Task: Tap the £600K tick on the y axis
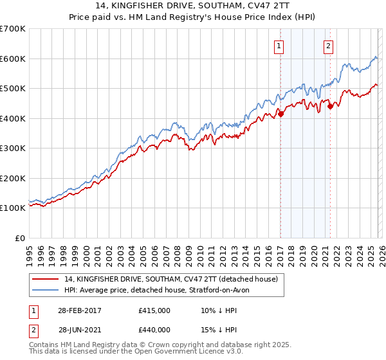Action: point(12,59)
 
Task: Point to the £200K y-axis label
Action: point(12,178)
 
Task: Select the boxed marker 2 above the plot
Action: point(329,46)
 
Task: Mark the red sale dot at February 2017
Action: point(280,114)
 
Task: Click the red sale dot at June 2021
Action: point(330,106)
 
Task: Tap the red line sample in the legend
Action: point(45,279)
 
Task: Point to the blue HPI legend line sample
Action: point(45,290)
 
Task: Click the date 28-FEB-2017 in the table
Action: point(78,310)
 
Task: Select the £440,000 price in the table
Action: point(154,330)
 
